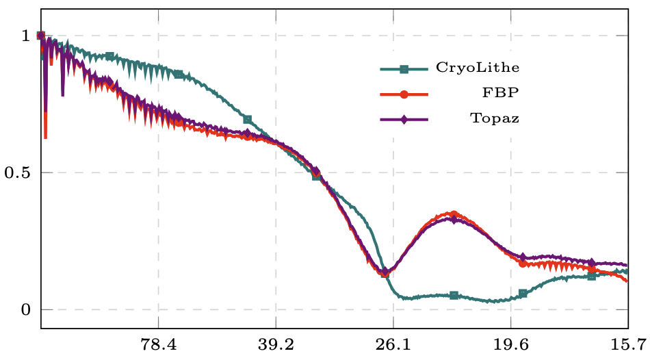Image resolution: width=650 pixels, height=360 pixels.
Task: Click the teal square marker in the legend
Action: coord(404,68)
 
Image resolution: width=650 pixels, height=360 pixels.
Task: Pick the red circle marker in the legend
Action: coord(404,94)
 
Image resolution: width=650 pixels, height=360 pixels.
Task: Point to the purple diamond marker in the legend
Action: coord(404,119)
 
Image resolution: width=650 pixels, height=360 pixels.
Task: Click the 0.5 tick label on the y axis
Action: coord(18,172)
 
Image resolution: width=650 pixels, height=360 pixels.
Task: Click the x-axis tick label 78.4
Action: coord(158,344)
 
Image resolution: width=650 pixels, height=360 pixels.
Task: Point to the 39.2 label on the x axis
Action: coord(276,344)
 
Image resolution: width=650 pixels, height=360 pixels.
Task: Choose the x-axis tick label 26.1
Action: coord(393,344)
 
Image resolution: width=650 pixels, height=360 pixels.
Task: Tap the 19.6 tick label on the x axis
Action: coord(511,344)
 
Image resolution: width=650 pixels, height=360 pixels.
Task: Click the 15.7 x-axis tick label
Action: coord(627,344)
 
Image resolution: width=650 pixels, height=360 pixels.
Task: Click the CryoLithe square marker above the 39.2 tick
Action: coord(248,120)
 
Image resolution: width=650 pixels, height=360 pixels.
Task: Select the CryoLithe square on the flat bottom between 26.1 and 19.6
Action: coord(454,296)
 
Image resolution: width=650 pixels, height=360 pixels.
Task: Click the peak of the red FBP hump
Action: coord(453,214)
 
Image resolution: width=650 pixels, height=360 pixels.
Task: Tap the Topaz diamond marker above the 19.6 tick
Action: coord(523,257)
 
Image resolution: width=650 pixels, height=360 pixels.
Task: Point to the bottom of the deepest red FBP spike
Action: coord(46,138)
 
